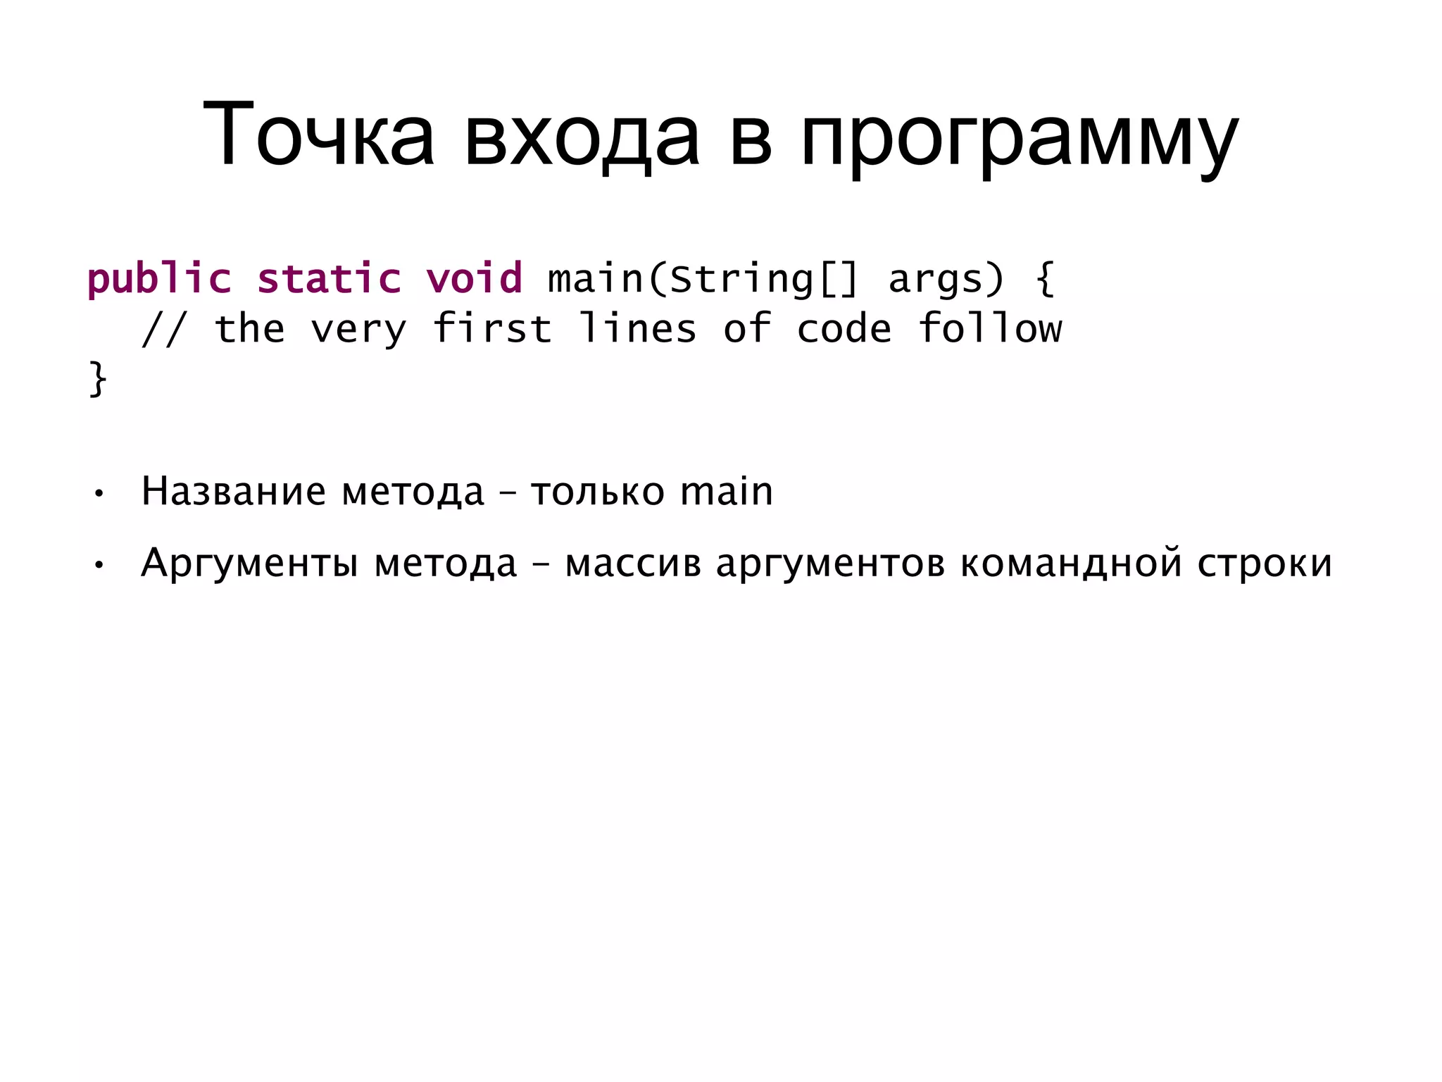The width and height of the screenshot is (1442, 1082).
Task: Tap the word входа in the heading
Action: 581,135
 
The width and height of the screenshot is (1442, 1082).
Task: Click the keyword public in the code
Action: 159,279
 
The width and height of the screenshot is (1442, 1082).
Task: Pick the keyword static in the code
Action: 329,279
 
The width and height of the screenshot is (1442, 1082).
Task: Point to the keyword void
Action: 475,279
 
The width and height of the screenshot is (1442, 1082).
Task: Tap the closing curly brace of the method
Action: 98,380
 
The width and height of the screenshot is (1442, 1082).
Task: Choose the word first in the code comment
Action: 492,329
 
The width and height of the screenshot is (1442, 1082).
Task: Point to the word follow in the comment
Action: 990,329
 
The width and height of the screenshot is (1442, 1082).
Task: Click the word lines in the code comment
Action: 638,329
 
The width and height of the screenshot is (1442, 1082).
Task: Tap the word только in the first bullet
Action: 597,492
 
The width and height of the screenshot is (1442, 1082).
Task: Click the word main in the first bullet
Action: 727,491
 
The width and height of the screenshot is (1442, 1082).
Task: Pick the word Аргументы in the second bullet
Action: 250,564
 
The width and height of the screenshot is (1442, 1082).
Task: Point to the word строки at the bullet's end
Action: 1265,564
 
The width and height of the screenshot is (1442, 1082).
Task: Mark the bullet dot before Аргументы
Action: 99,565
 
